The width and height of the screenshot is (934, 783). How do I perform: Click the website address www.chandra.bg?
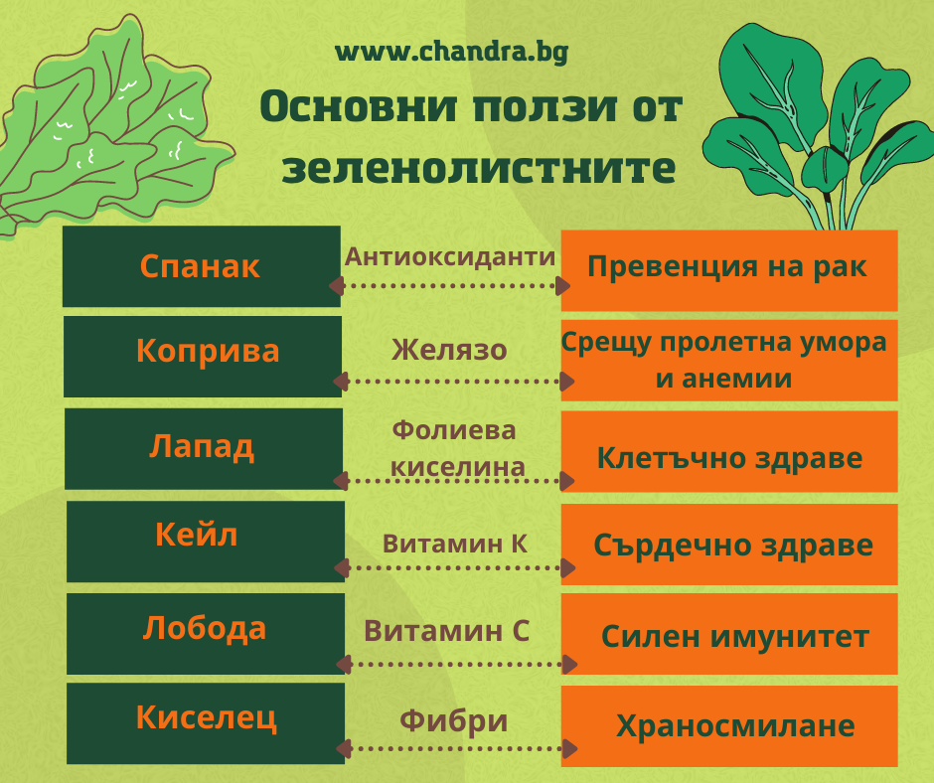point(451,52)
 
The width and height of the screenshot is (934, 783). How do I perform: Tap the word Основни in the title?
point(359,106)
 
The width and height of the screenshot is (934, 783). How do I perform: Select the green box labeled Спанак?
point(202,266)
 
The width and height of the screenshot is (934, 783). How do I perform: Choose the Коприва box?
point(203,357)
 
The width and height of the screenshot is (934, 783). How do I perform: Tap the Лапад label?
point(202,446)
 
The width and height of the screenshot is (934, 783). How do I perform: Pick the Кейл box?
point(206,542)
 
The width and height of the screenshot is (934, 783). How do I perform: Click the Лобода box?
point(206,633)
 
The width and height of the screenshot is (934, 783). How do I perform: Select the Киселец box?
point(206,723)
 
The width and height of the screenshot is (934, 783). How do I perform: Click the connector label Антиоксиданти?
point(450,256)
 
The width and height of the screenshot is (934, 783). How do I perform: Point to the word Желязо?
point(449,350)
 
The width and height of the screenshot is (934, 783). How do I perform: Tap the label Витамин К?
point(455,544)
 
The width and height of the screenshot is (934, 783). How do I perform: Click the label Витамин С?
point(447,630)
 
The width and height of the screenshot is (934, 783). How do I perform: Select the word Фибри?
point(454,720)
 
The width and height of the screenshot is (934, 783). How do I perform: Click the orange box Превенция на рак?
point(729,270)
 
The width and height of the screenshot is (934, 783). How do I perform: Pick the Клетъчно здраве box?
point(729,451)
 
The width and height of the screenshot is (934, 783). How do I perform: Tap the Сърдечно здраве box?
point(729,545)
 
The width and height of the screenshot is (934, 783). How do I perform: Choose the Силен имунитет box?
point(729,633)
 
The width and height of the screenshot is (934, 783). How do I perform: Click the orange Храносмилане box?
point(729,725)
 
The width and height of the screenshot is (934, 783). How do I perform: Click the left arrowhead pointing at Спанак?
point(337,285)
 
